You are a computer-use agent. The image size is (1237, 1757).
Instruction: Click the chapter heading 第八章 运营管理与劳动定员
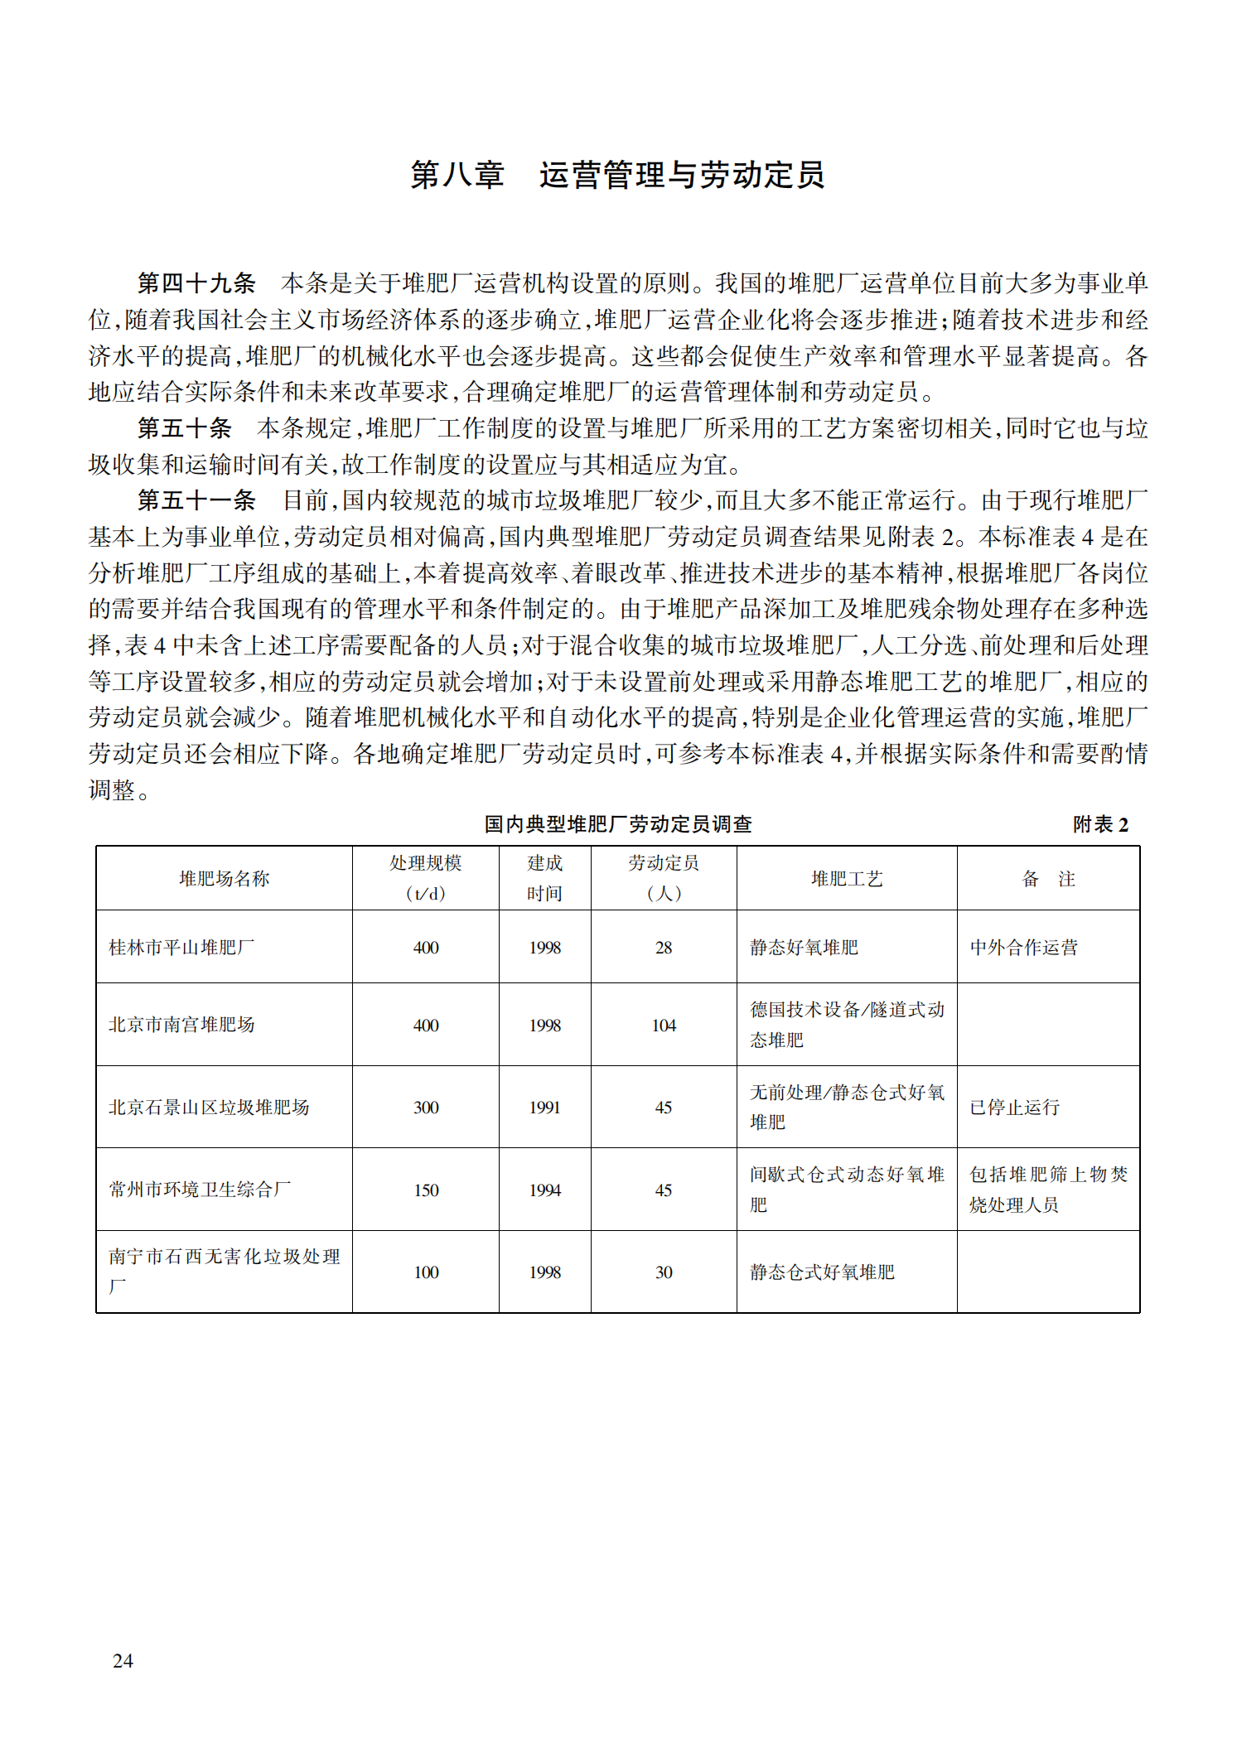point(617,175)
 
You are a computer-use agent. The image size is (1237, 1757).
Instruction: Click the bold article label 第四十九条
point(196,283)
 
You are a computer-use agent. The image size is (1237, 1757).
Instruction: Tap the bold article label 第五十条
point(184,428)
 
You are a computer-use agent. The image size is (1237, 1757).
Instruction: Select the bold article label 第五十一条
point(196,500)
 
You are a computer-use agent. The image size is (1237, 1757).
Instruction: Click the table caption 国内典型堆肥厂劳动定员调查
point(618,824)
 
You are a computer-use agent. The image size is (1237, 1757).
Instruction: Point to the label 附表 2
point(1099,824)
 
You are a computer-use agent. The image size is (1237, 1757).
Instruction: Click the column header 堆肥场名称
point(224,879)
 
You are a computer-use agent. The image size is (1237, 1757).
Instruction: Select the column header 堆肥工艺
point(846,879)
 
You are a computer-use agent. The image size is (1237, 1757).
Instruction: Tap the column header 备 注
point(1047,879)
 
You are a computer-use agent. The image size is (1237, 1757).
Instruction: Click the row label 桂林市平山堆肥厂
point(181,948)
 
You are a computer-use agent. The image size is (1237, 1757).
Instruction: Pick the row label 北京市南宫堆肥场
point(181,1025)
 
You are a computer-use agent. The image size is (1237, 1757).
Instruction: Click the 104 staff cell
point(664,1026)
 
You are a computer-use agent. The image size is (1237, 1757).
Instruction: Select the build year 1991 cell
point(544,1108)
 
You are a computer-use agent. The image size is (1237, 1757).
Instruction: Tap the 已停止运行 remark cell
point(1014,1108)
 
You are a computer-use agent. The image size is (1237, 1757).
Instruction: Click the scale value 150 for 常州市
point(426,1190)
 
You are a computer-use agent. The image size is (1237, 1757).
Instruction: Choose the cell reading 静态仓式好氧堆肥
point(822,1272)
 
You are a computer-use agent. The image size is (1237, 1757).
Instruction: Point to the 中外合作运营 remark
point(1023,948)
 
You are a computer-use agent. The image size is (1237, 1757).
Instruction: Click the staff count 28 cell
point(664,948)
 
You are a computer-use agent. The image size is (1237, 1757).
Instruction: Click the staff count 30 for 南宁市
point(664,1272)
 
